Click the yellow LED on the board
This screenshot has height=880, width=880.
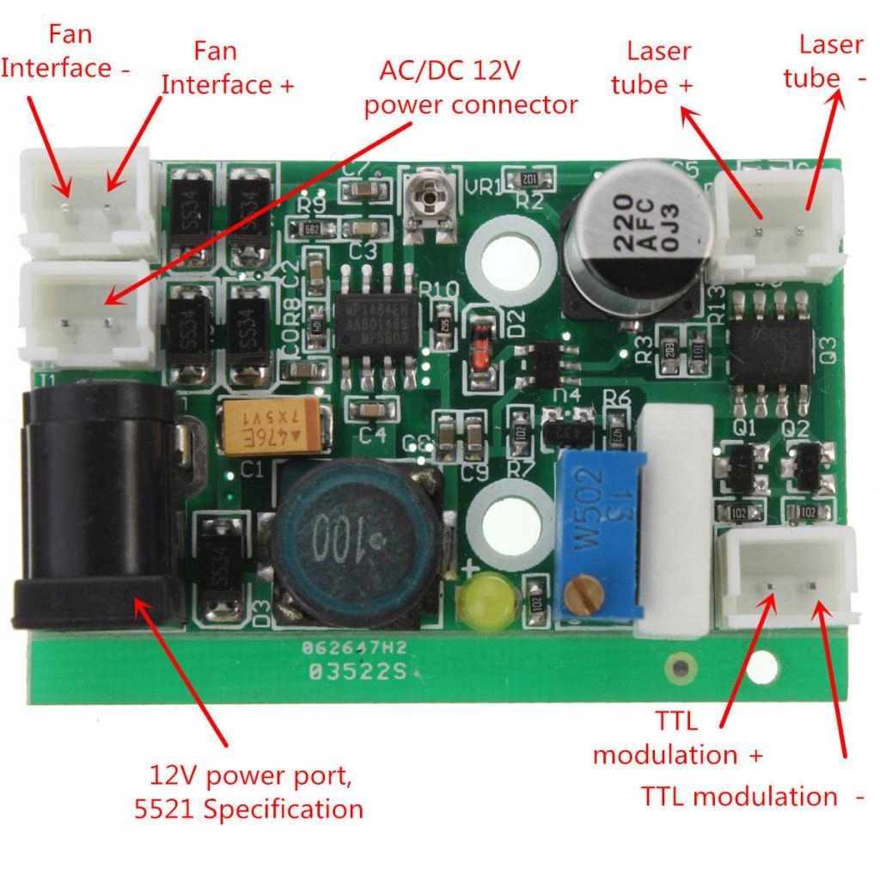click(486, 599)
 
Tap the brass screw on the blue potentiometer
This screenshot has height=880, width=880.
click(586, 594)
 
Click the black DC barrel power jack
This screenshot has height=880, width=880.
click(99, 507)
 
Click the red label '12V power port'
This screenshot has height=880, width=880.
click(250, 775)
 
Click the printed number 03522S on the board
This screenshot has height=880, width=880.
click(357, 673)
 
